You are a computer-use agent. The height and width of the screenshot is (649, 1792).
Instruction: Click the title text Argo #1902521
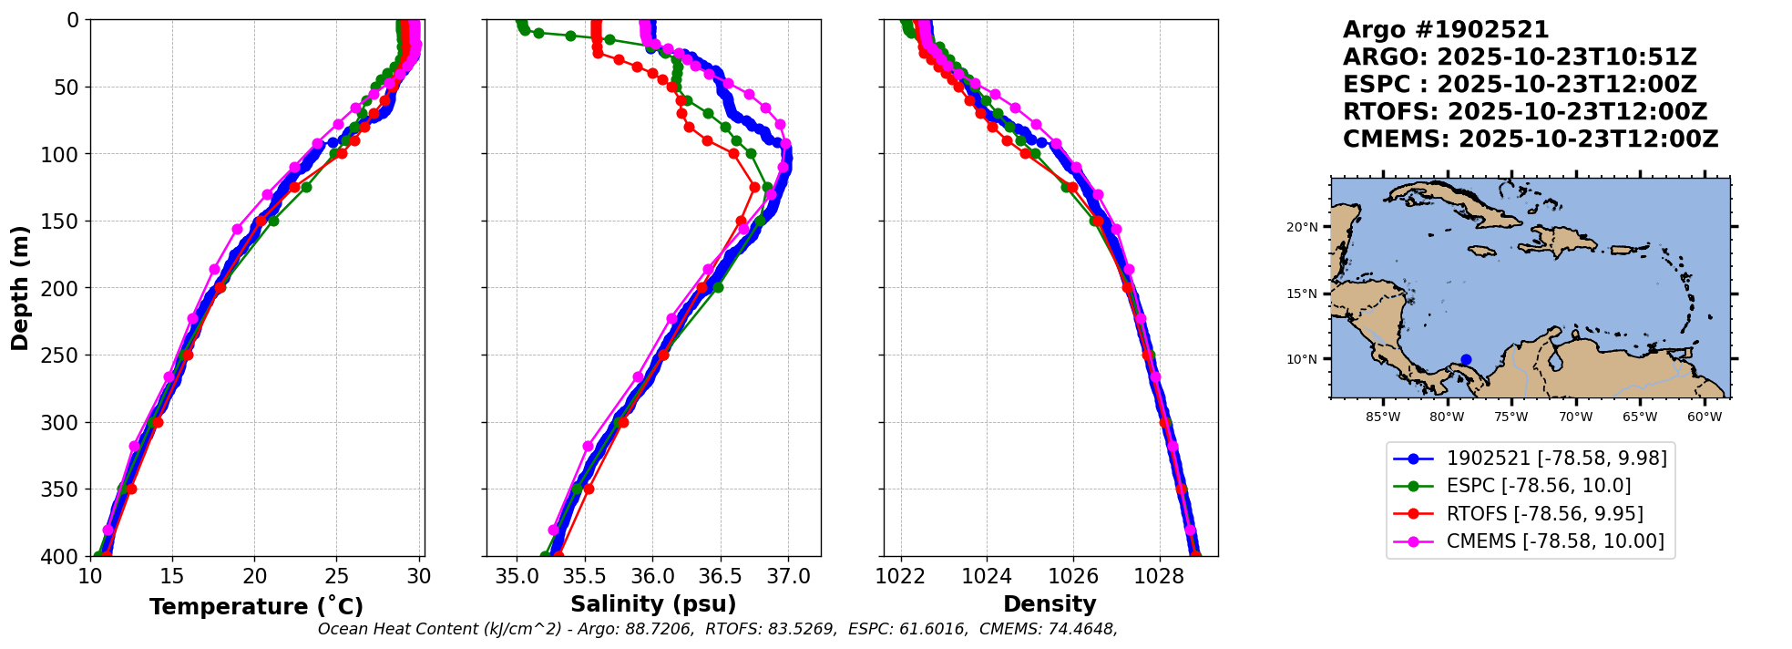(1446, 30)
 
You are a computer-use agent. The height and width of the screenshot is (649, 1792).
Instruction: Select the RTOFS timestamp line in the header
(1524, 112)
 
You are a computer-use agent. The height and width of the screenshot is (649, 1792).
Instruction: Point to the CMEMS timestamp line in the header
(1530, 139)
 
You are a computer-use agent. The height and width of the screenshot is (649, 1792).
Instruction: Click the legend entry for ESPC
(1538, 486)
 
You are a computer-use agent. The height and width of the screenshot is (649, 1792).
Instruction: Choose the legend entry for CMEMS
(1554, 541)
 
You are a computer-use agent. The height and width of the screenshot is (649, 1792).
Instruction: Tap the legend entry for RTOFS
(1544, 514)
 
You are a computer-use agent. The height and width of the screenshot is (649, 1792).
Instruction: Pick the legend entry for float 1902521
(1556, 458)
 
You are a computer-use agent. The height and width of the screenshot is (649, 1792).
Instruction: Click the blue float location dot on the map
(1466, 359)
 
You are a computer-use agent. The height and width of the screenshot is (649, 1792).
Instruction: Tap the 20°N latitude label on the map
(1302, 227)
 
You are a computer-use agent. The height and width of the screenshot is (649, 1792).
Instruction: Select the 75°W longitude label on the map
(1511, 417)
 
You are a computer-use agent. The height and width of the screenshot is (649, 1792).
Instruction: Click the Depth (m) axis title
(20, 288)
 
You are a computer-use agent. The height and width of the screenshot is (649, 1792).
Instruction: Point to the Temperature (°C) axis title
(256, 607)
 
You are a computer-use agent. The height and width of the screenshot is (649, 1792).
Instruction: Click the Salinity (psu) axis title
(653, 604)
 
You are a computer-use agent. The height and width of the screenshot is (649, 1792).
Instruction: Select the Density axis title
(1050, 604)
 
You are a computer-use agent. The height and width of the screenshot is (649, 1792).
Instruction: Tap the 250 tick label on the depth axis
(62, 355)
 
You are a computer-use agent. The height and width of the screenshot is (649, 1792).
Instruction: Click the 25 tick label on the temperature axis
(337, 577)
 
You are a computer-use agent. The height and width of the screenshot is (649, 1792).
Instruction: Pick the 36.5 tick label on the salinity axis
(721, 577)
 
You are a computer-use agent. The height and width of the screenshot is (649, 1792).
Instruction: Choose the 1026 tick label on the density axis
(1073, 577)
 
